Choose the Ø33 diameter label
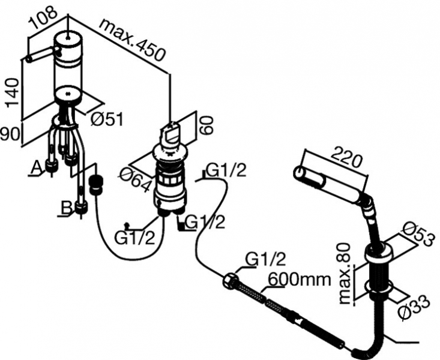click(x=417, y=308)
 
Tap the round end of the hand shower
click(x=298, y=173)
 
